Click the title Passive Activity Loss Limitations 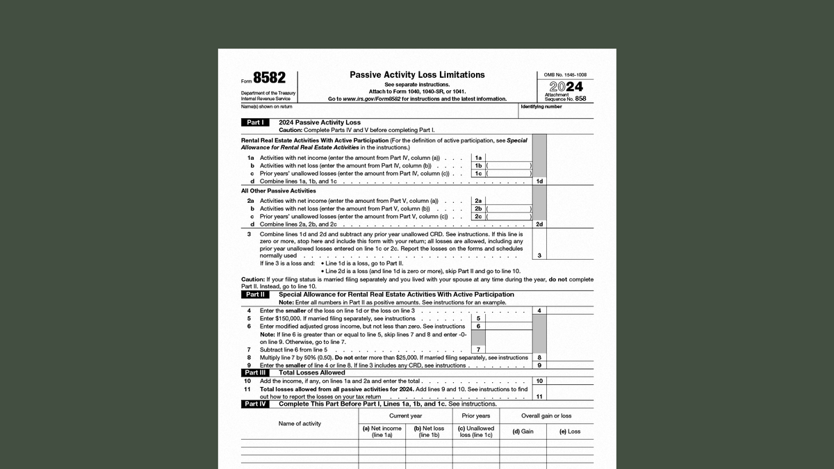(417, 75)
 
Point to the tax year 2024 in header (566, 88)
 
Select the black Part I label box (255, 122)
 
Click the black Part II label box (255, 295)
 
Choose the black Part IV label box (255, 404)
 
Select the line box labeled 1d (539, 181)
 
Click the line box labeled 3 (539, 256)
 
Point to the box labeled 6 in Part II (478, 326)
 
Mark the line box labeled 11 (539, 396)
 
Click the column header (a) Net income (382, 431)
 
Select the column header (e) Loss (570, 431)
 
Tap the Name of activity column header (300, 423)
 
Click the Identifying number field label (541, 106)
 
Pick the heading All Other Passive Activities (278, 190)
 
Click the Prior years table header (476, 415)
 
